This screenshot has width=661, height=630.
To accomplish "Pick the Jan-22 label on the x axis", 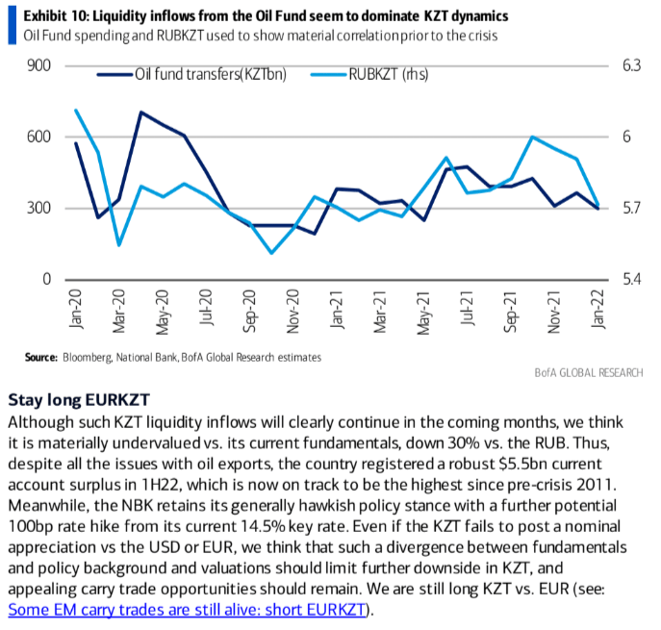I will pyautogui.click(x=597, y=311).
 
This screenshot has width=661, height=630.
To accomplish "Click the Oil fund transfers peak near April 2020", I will pyautogui.click(x=141, y=113).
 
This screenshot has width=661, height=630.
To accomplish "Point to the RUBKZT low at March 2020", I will pyautogui.click(x=119, y=244).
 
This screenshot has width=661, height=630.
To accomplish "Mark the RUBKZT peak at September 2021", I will pyautogui.click(x=532, y=137).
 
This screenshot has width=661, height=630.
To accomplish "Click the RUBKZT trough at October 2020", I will pyautogui.click(x=271, y=253).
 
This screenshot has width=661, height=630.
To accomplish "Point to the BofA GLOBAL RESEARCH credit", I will pyautogui.click(x=588, y=373).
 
